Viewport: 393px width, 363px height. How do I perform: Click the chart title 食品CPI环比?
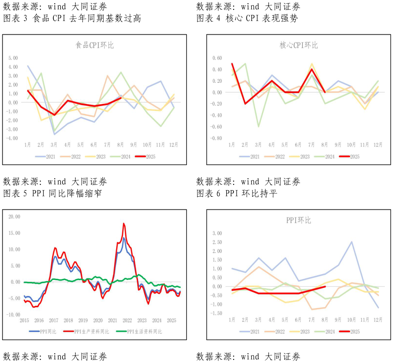coord(94,45)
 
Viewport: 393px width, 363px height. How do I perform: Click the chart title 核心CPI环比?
coord(299,45)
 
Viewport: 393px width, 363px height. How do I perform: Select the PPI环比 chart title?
coord(299,220)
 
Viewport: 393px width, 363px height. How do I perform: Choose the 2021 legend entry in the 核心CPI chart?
coord(251,156)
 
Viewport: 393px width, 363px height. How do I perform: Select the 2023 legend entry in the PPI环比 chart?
coord(301,331)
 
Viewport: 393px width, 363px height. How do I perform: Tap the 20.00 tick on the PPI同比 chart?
coord(14,217)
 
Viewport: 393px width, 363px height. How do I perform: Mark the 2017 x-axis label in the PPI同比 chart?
coord(54,320)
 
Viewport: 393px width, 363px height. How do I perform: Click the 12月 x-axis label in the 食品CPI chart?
coord(173,145)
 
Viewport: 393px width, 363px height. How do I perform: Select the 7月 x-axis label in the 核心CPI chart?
coord(312,145)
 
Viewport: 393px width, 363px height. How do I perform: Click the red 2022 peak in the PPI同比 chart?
coord(124,224)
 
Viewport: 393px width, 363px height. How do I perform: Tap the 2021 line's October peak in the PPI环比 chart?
coord(351,242)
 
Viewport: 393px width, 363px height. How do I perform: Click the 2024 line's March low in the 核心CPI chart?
coord(258,127)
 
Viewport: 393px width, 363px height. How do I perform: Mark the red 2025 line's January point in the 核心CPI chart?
coord(232,64)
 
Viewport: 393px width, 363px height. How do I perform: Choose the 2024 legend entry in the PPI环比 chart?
coord(326,331)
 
